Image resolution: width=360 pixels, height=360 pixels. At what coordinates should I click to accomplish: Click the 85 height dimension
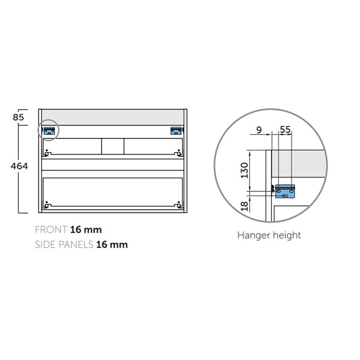point(18,117)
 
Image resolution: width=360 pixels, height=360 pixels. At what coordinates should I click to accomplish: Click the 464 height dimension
point(19,166)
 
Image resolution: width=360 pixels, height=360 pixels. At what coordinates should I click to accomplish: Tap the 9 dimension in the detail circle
point(259,130)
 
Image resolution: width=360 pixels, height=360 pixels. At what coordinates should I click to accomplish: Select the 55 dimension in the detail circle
point(285,130)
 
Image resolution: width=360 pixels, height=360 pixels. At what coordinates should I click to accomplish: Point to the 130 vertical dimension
point(244,171)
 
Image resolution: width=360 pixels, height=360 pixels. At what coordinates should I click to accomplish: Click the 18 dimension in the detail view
point(245,206)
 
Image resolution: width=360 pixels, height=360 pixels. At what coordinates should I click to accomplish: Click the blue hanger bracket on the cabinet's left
point(49,130)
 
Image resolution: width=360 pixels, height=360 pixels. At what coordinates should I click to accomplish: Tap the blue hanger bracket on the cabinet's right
point(176,130)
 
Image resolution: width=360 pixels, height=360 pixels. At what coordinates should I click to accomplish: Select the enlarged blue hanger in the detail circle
point(285,191)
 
